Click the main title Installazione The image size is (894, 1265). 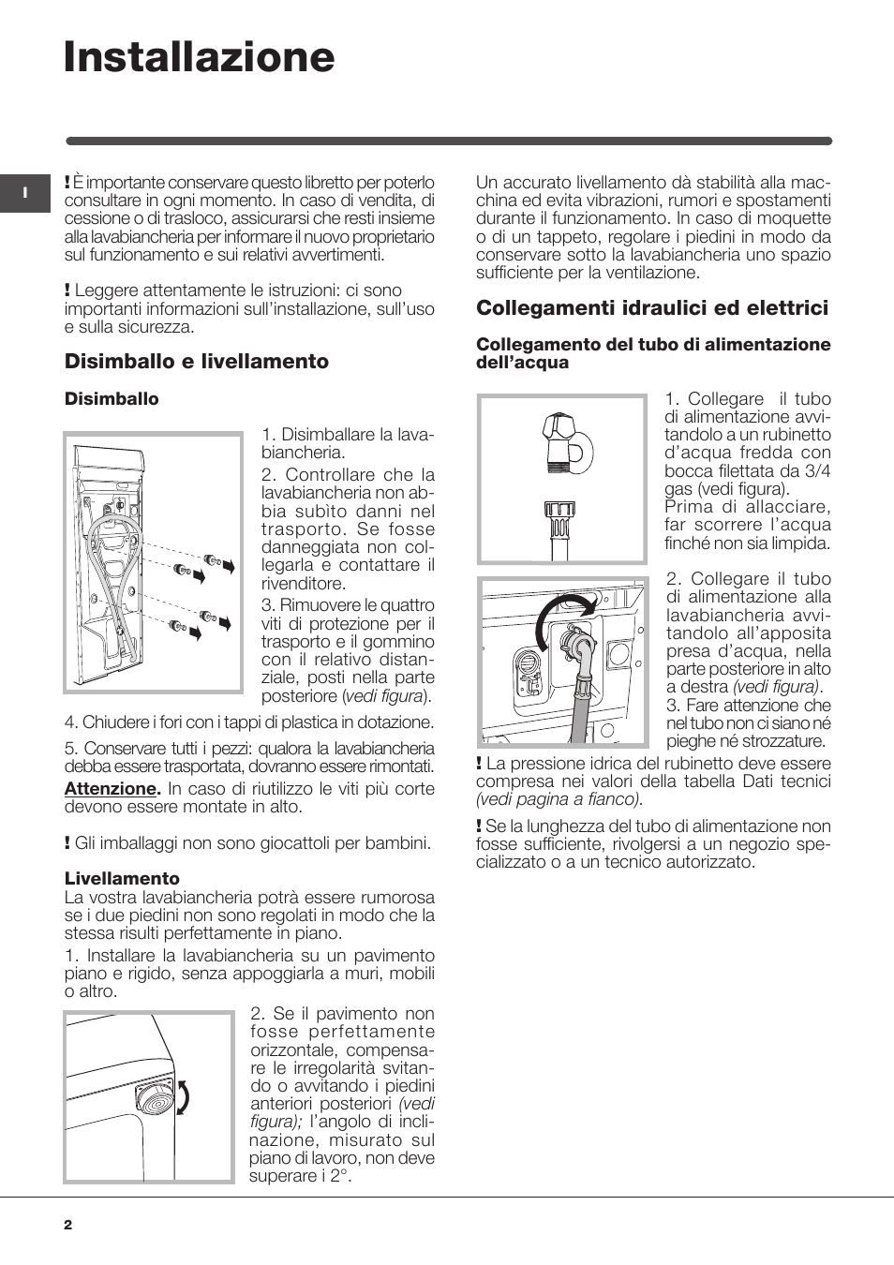click(199, 57)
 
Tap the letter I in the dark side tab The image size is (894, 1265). click(24, 193)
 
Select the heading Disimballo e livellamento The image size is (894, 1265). click(197, 362)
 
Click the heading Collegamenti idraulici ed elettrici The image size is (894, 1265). click(652, 308)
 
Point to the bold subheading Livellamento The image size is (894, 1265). click(122, 878)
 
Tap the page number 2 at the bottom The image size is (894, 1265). click(67, 1225)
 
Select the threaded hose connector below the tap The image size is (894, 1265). click(559, 521)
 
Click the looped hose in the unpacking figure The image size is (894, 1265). click(117, 562)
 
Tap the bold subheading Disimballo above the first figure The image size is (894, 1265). click(112, 399)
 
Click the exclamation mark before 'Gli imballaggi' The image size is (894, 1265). click(67, 843)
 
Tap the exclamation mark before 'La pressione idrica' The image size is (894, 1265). click(479, 764)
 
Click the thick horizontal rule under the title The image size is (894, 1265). click(449, 141)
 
